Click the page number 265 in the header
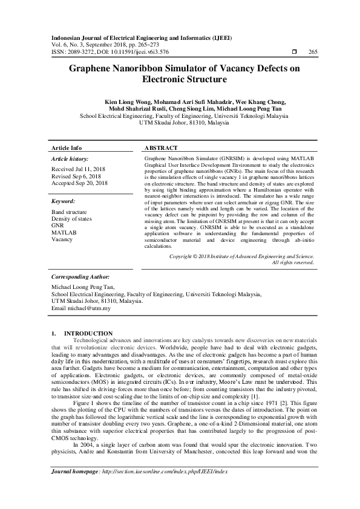313,51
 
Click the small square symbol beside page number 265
293,51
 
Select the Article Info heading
67,148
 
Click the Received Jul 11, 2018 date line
79,169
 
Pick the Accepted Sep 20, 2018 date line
80,183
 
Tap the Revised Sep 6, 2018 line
76,176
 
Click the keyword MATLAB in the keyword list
64,232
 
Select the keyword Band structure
69,212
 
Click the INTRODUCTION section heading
88,333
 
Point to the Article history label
70,159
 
